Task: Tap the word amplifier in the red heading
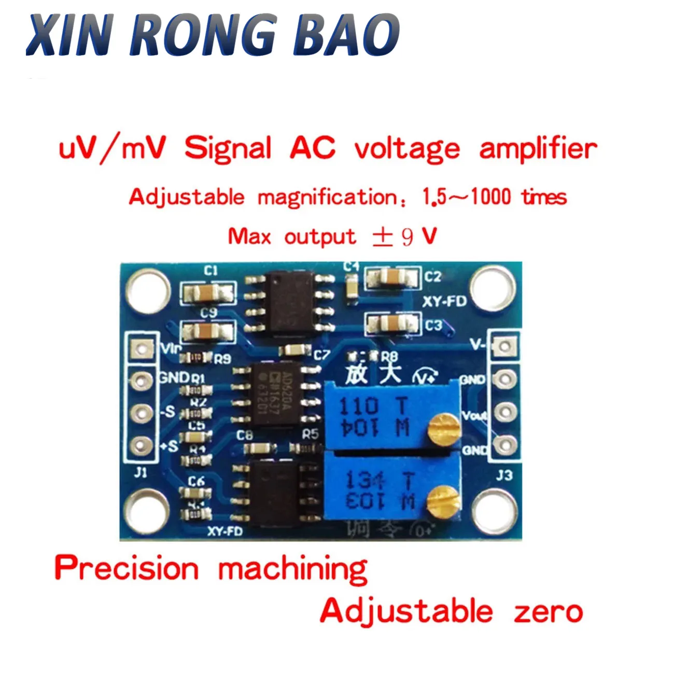pyautogui.click(x=538, y=149)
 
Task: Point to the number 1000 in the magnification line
pyautogui.click(x=490, y=197)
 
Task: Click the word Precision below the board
pyautogui.click(x=127, y=568)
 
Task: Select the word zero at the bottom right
pyautogui.click(x=549, y=612)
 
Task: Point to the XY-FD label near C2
pyautogui.click(x=444, y=301)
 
